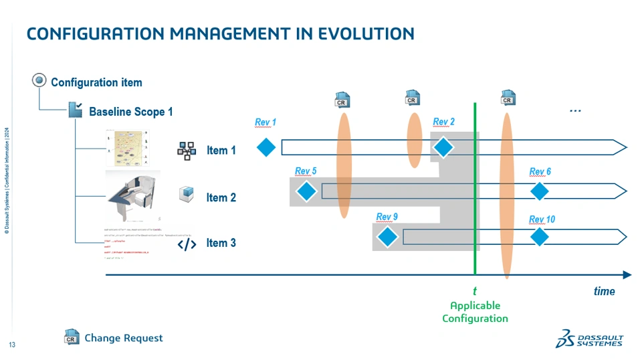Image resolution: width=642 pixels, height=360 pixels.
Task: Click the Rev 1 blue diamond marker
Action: coord(266,147)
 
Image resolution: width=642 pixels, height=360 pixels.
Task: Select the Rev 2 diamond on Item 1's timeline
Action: coord(443,147)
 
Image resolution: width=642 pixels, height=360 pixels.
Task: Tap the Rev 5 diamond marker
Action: coord(306,191)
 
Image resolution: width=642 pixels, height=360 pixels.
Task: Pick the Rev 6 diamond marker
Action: coord(540,191)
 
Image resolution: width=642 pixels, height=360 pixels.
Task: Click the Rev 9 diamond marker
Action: coord(387,237)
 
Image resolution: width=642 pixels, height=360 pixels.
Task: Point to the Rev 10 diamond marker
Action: coord(540,237)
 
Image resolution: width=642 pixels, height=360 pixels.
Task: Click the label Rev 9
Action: coord(387,217)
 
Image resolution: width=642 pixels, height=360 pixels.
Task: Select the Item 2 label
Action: coord(221,197)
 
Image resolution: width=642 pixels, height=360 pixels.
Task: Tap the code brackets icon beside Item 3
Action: coord(187,244)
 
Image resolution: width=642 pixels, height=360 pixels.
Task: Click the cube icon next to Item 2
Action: coord(187,195)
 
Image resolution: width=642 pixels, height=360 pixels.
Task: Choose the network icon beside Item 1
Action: coord(187,150)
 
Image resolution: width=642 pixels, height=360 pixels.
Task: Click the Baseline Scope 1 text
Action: coord(131,112)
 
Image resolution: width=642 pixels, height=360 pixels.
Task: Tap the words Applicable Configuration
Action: coord(475,312)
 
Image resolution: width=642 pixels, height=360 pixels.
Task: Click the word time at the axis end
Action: coord(604,291)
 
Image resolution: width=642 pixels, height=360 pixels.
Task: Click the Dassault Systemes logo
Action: coord(589,339)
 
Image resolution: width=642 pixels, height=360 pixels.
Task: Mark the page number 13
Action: coord(12,345)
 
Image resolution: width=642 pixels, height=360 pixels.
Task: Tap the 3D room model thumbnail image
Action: coord(132,197)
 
